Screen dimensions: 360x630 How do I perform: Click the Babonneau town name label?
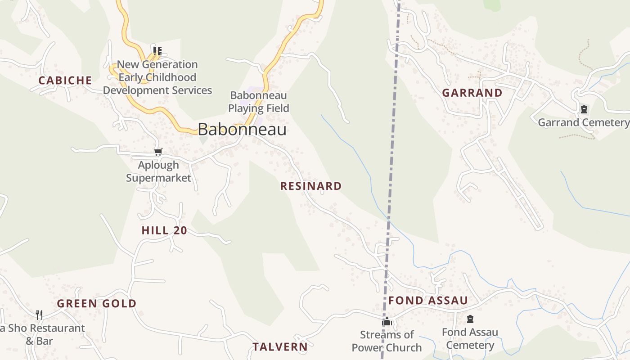point(242,130)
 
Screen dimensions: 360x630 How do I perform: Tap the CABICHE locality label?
point(65,81)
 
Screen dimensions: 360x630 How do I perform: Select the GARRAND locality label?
point(472,93)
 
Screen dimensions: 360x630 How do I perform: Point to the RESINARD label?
point(311,186)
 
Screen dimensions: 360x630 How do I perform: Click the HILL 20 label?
point(164,230)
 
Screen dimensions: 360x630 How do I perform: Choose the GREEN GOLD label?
point(96,303)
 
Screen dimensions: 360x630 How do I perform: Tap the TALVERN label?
point(280,347)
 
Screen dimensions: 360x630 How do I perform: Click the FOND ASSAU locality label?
point(428,300)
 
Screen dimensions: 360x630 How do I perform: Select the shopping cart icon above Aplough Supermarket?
point(158,152)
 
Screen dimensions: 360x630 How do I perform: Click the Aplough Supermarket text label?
point(158,171)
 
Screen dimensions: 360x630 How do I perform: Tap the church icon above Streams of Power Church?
point(387,322)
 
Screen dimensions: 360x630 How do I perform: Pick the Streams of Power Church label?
point(387,341)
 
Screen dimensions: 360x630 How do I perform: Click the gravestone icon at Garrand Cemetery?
point(584,109)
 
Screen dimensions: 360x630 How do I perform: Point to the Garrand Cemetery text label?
point(583,122)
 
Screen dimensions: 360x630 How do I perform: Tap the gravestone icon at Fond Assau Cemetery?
point(470,319)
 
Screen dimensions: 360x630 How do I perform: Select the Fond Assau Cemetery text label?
point(470,338)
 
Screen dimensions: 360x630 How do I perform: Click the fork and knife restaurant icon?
point(39,315)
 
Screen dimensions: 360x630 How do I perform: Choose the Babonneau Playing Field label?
point(258,102)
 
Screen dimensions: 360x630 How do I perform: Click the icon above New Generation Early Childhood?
point(157,51)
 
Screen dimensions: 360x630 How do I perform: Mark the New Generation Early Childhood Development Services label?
point(157,77)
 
